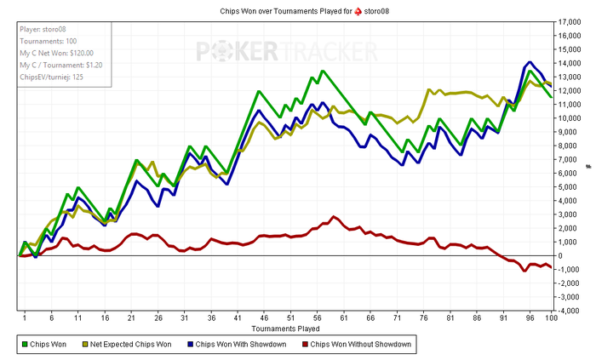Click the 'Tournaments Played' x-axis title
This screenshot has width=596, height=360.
(x=286, y=327)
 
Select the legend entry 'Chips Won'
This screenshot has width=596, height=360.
(x=51, y=345)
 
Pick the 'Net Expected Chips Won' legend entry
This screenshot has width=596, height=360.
(x=131, y=345)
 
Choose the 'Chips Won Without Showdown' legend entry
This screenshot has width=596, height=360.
(x=361, y=345)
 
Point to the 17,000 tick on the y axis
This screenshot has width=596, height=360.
(x=571, y=35)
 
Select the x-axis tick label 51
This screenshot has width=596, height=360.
(x=291, y=317)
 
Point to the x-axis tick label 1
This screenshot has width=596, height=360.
(x=25, y=317)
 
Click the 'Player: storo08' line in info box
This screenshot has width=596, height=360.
(x=43, y=28)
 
